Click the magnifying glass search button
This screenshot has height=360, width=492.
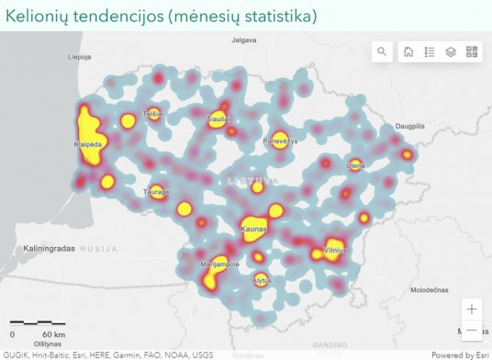(382, 52)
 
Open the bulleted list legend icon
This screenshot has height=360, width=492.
(430, 52)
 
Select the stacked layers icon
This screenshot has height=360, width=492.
(451, 52)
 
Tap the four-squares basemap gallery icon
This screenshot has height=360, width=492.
(472, 52)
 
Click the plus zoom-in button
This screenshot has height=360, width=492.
(472, 309)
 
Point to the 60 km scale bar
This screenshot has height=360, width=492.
(38, 323)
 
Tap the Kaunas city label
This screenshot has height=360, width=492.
(253, 229)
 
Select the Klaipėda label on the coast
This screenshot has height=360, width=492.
(87, 145)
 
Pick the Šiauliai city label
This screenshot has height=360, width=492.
(218, 119)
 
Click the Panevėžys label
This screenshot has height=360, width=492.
(281, 141)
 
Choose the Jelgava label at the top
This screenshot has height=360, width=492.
(243, 40)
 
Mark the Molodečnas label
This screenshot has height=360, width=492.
(427, 289)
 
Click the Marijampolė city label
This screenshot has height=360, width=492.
(219, 264)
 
